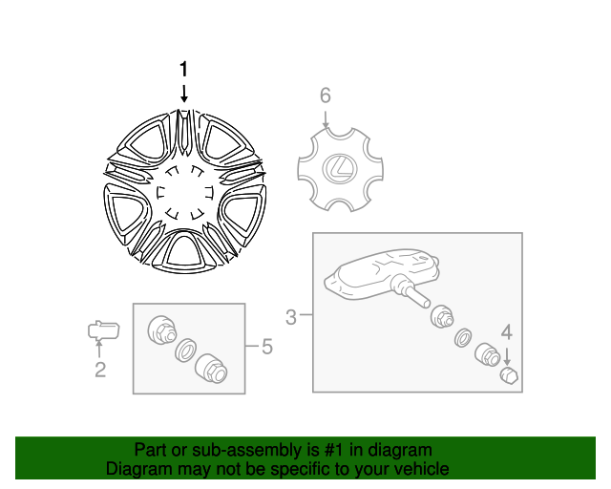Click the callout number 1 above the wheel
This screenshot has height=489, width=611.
coord(184,69)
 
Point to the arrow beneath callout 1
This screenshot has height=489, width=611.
coord(184,93)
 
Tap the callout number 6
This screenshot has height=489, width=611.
coord(325,96)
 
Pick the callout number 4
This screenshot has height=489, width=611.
coord(507,332)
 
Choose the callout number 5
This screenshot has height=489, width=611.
coord(266,347)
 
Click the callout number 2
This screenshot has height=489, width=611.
coord(99,370)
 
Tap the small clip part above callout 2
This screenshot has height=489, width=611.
coord(102,331)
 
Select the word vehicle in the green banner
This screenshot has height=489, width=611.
coord(421,469)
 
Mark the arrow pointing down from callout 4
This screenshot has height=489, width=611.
coord(507,356)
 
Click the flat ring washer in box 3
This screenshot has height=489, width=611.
coord(464,337)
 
